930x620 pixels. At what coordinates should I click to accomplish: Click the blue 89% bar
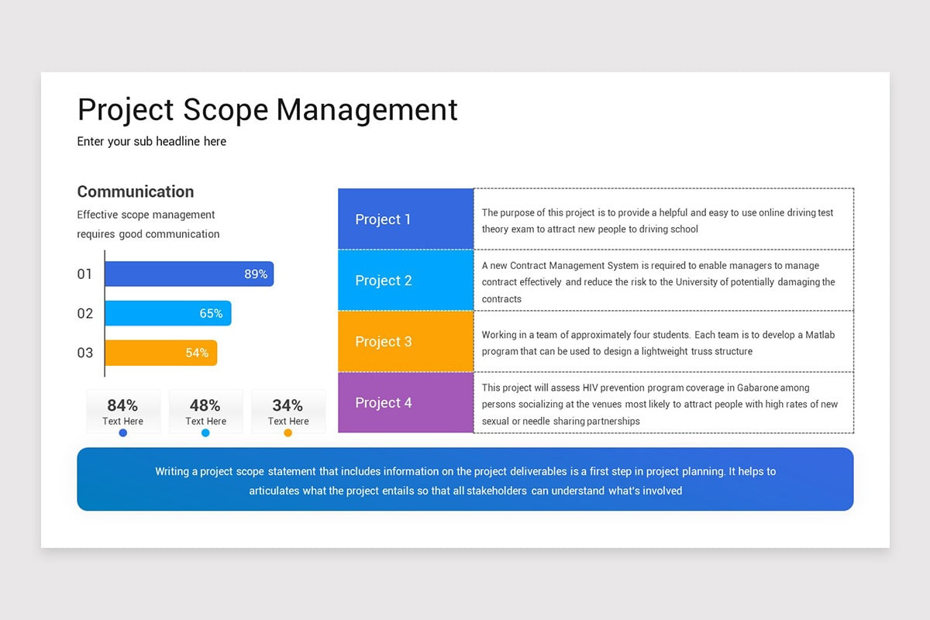point(189,274)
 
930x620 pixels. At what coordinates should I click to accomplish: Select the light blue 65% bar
point(168,313)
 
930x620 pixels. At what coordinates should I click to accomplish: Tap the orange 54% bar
point(161,353)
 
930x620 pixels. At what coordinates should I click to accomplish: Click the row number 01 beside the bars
point(84,274)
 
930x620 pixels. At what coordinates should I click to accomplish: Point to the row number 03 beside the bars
point(84,353)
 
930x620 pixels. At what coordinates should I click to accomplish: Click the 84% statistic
point(122,405)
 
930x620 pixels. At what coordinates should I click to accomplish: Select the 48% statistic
point(205,405)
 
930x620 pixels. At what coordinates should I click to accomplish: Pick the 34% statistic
point(288,405)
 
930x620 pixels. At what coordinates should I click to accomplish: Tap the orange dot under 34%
point(288,433)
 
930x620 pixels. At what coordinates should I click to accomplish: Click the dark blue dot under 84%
point(123,433)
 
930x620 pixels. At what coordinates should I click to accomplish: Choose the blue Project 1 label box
point(405,219)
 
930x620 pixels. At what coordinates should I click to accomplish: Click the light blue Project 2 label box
point(405,281)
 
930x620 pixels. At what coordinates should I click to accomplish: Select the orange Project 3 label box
point(405,342)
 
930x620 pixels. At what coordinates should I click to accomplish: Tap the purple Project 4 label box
point(405,403)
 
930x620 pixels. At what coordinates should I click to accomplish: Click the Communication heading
point(136,191)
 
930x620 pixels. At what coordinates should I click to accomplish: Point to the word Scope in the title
point(226,109)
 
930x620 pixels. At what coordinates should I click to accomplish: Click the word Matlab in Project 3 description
point(819,335)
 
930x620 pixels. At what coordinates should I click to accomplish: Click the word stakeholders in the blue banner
point(497,491)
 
